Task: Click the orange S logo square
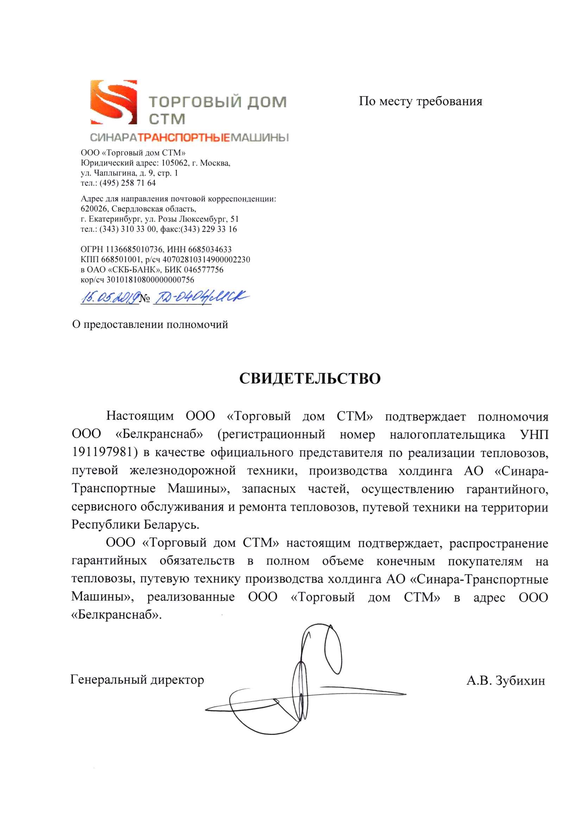[114, 102]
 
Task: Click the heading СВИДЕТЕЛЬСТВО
[310, 378]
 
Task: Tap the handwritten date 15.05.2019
[110, 297]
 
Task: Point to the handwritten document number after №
[200, 297]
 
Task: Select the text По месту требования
[420, 101]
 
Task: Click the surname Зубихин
[520, 680]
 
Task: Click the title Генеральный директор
[137, 679]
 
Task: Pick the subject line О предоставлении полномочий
[150, 325]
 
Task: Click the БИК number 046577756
[204, 270]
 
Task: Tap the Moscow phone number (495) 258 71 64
[128, 183]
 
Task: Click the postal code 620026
[94, 209]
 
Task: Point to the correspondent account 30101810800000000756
[150, 279]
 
